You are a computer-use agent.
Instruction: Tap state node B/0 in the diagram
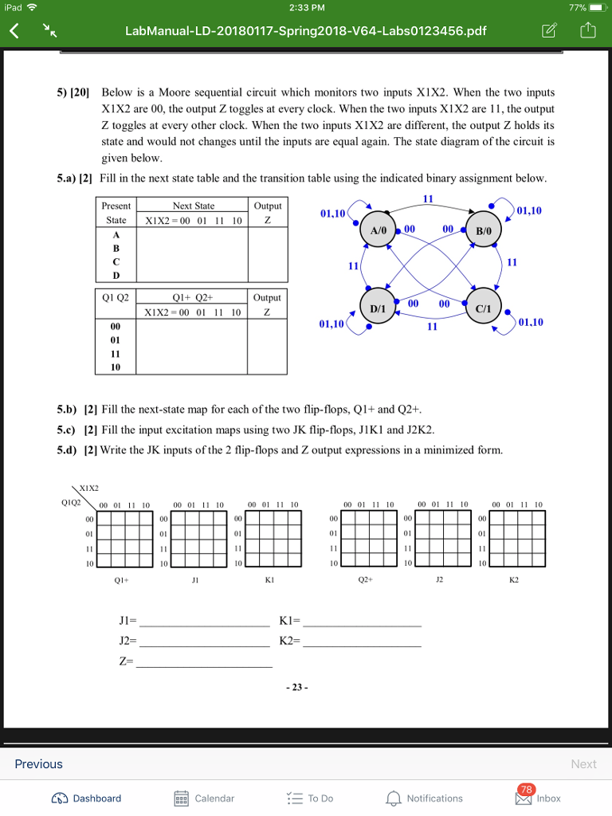[484, 229]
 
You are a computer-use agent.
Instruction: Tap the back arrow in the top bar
[14, 31]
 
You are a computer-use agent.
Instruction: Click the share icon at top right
[587, 31]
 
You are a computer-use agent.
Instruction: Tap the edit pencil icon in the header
[549, 31]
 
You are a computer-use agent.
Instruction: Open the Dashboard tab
[87, 798]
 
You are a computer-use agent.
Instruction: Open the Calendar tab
[205, 798]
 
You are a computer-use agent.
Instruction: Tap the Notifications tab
[425, 798]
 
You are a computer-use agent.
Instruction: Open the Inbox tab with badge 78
[538, 797]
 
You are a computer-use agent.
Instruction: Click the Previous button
[38, 763]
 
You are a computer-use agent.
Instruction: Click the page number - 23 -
[300, 687]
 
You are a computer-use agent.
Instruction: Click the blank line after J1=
[204, 623]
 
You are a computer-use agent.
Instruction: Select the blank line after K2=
[363, 643]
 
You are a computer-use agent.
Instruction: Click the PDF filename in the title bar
[305, 31]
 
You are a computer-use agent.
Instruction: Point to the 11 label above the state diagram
[428, 198]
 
